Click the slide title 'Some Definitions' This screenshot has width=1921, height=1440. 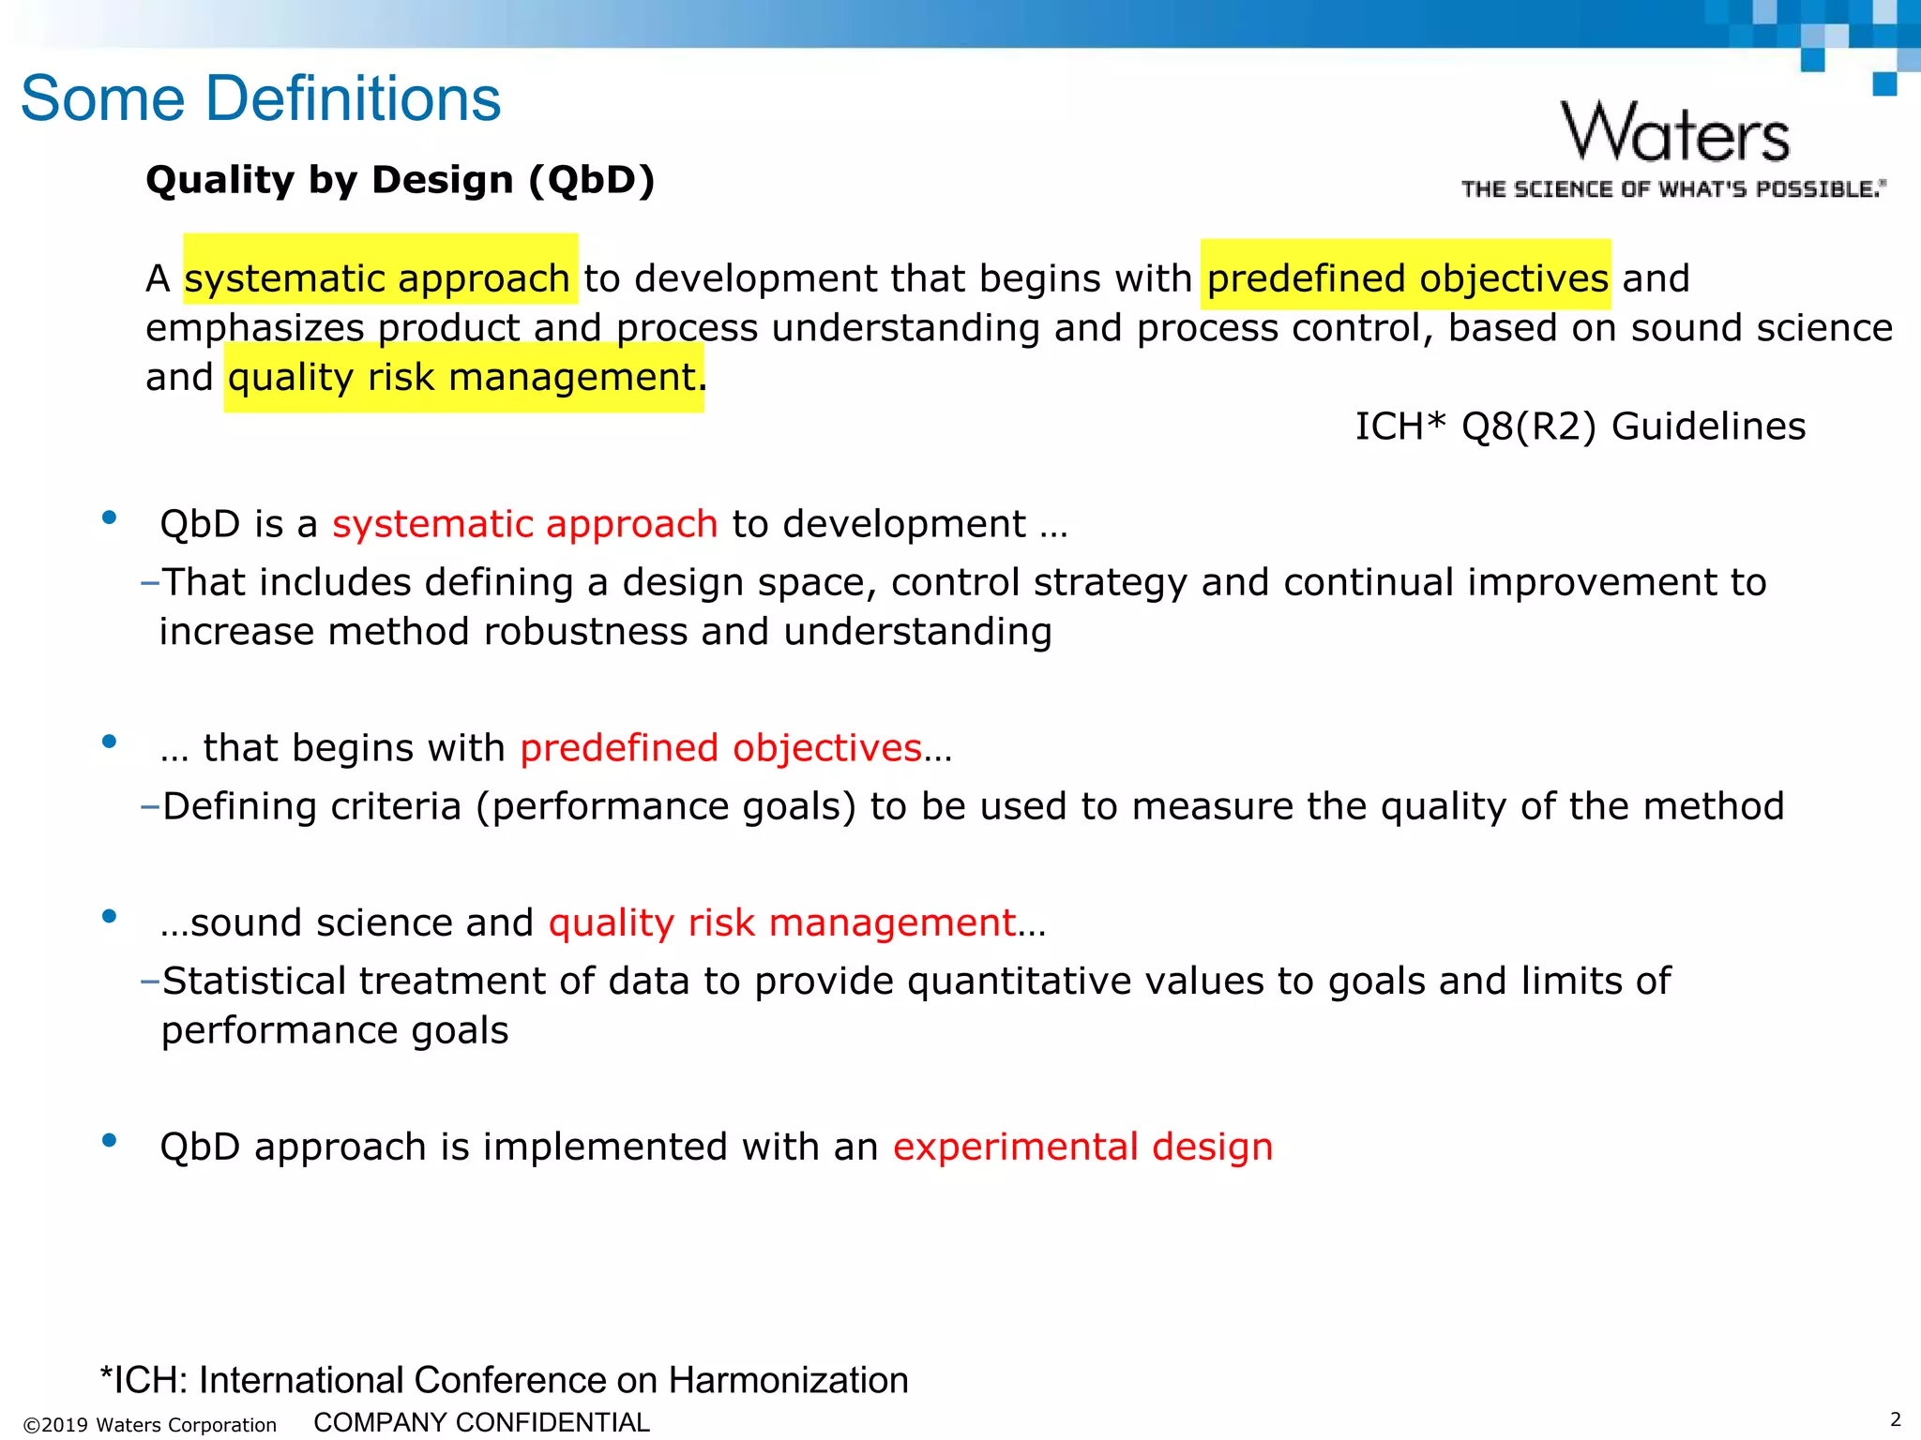pyautogui.click(x=261, y=98)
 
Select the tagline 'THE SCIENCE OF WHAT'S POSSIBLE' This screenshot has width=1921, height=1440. pyautogui.click(x=1672, y=189)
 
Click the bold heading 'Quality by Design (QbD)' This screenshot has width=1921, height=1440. pyautogui.click(x=401, y=180)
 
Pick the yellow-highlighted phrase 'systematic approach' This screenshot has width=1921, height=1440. pyautogui.click(x=378, y=278)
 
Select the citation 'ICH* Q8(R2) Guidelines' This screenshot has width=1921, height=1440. pyautogui.click(x=1580, y=427)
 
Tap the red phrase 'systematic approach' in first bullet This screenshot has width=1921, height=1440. pyautogui.click(x=525, y=524)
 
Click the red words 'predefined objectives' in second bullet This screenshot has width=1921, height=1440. pyautogui.click(x=720, y=748)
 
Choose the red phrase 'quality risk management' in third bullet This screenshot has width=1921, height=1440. pyautogui.click(x=782, y=923)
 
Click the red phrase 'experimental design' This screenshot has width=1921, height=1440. pyautogui.click(x=1082, y=1147)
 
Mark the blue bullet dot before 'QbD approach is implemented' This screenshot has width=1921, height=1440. pyautogui.click(x=110, y=1141)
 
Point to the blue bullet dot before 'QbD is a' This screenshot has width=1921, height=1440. pyautogui.click(x=110, y=517)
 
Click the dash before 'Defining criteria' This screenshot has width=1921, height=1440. pyautogui.click(x=150, y=806)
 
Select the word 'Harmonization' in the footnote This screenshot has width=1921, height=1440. pyautogui.click(x=788, y=1380)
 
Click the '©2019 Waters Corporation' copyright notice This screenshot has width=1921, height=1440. pyautogui.click(x=150, y=1425)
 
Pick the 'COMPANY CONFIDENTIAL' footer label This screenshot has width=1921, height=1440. pyautogui.click(x=481, y=1422)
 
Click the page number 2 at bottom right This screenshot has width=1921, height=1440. pyautogui.click(x=1895, y=1419)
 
